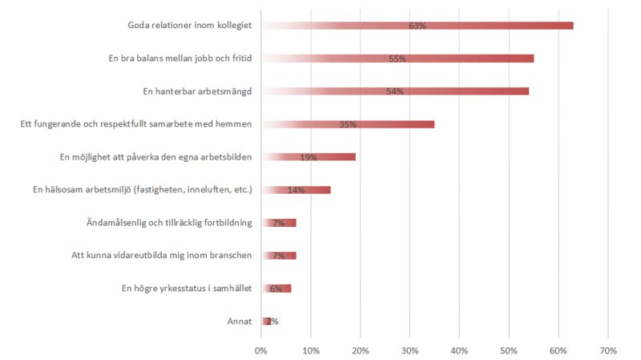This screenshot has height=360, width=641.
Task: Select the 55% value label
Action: point(397,59)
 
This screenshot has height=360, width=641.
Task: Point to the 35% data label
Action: point(348,125)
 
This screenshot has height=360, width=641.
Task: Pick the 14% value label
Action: point(296,191)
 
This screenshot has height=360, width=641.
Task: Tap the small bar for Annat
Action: point(266,322)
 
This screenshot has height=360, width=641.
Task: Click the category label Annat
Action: point(240,322)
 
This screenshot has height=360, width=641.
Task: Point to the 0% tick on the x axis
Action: point(261,350)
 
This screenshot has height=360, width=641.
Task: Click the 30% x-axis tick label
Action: point(409,350)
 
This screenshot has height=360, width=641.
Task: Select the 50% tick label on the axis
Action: point(509,350)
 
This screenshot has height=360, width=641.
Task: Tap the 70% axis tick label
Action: point(607,350)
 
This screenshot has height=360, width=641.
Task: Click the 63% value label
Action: point(417,26)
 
